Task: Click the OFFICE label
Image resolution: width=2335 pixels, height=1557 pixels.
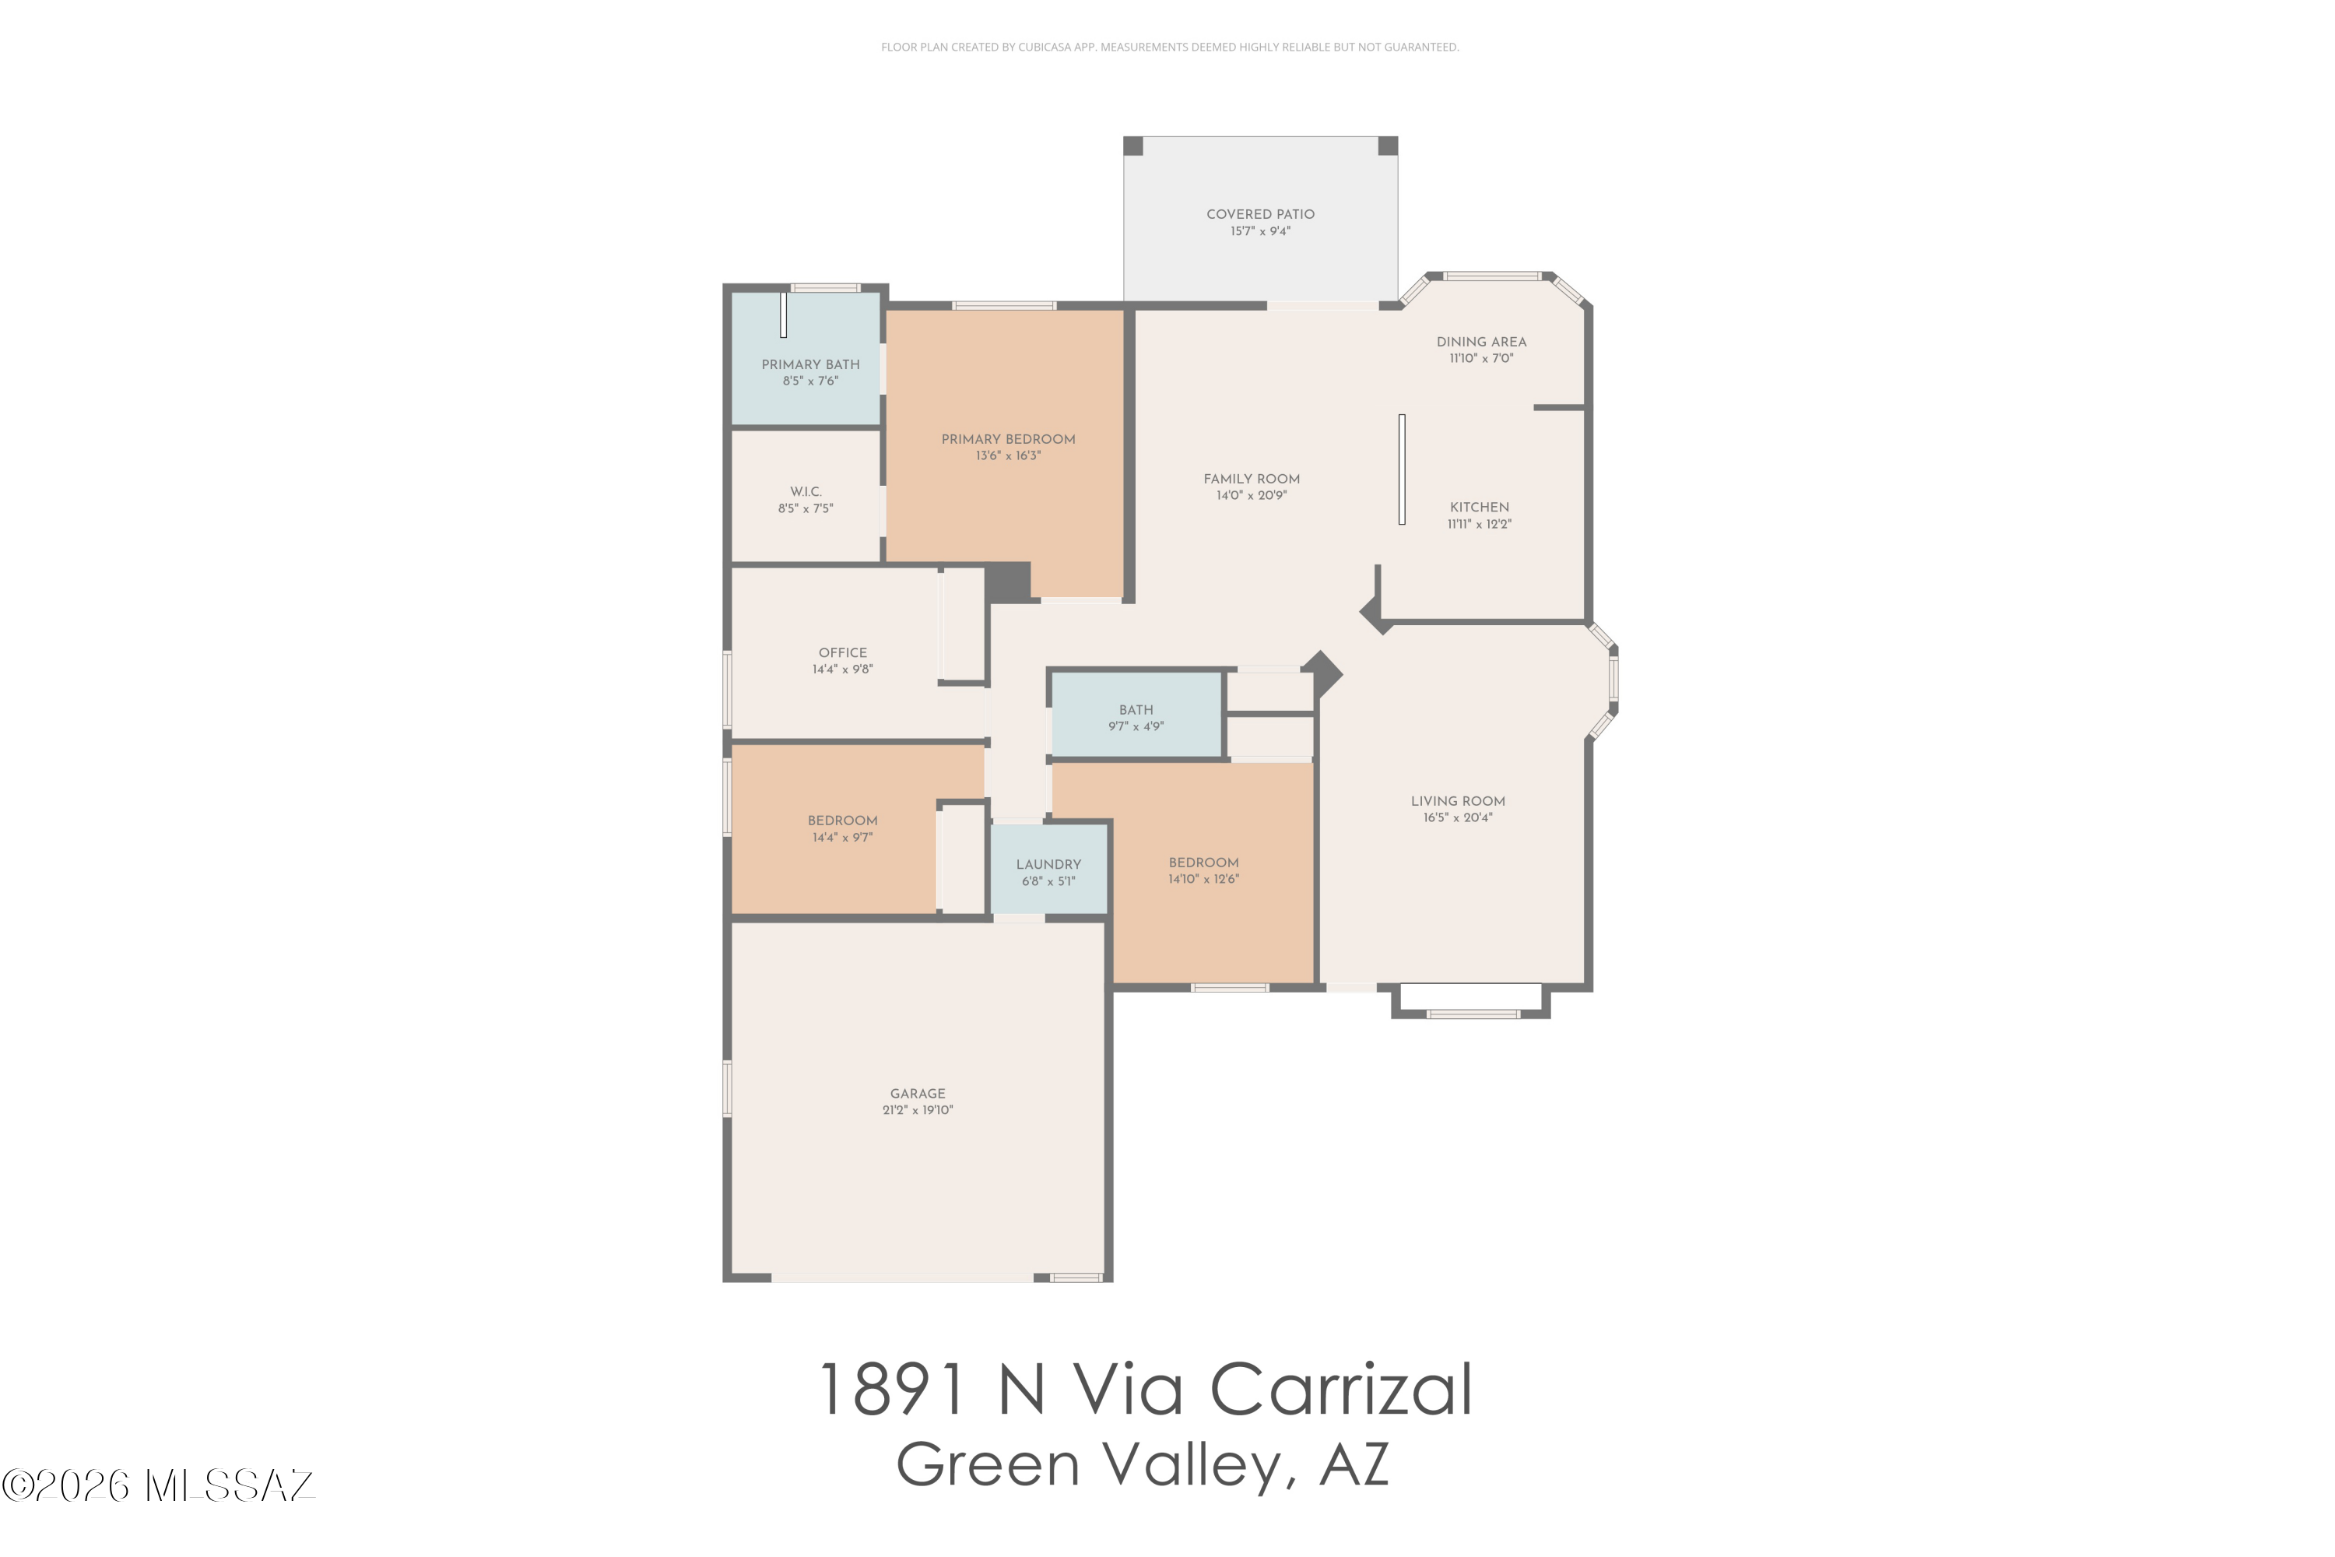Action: click(x=843, y=652)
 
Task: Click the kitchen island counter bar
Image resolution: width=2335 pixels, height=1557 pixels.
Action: click(x=1402, y=469)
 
